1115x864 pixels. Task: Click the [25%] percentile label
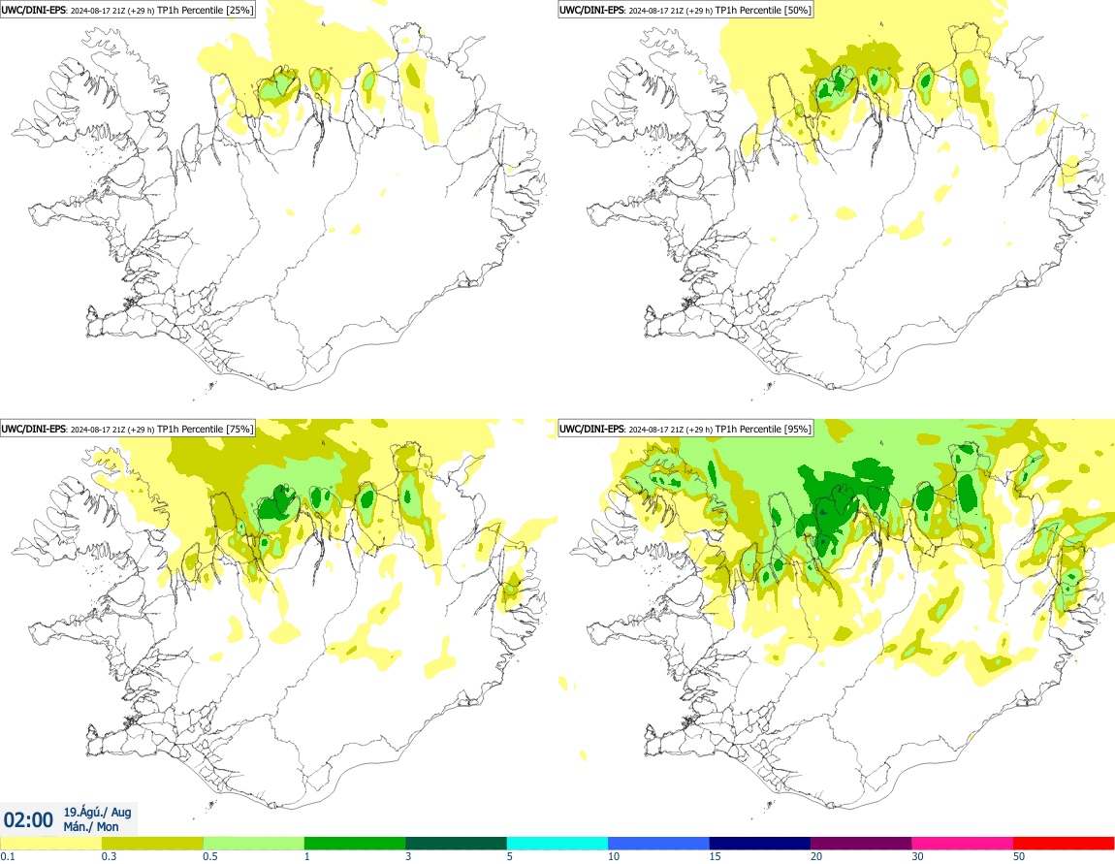[239, 10]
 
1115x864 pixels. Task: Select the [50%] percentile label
[797, 10]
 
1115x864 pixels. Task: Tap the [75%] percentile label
[239, 429]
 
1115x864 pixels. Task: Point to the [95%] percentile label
[797, 429]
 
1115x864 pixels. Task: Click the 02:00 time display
[29, 819]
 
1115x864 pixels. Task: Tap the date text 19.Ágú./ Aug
[97, 811]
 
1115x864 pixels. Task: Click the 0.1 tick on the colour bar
[7, 856]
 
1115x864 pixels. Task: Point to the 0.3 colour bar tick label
[108, 856]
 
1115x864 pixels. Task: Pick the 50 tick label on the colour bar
[1019, 856]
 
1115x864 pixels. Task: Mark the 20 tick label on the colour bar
[816, 856]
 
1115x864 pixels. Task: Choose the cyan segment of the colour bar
[557, 843]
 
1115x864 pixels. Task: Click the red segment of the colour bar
[1063, 843]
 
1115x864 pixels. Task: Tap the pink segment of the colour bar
[962, 843]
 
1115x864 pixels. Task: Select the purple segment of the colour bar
[861, 843]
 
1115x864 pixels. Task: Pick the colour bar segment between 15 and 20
[759, 843]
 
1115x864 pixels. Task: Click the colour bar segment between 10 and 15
[658, 843]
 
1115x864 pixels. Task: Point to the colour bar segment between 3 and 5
[456, 843]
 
